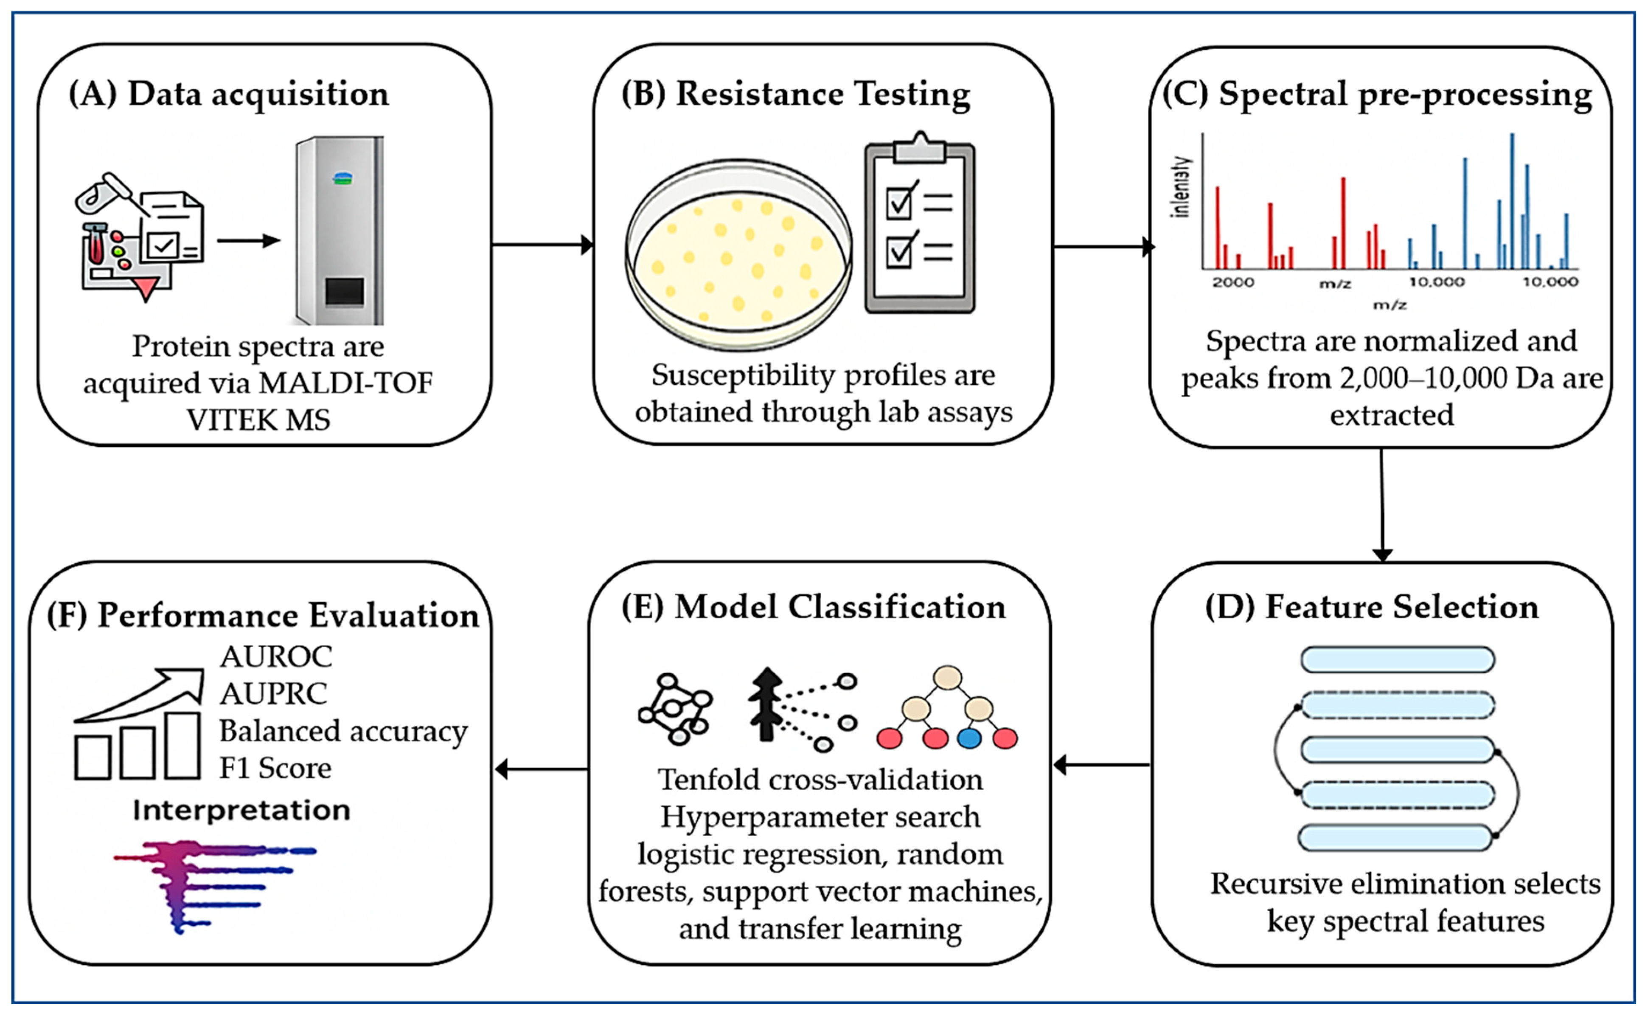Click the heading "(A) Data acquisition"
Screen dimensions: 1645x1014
229,93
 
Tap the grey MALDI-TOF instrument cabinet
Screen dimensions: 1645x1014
340,230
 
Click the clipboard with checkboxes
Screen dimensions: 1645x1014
920,223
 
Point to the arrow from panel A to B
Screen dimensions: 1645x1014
543,245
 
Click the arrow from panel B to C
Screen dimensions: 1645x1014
1103,247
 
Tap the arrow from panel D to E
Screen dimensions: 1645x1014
1101,764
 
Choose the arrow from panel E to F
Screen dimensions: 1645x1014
541,769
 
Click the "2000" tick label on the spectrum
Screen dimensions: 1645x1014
1233,282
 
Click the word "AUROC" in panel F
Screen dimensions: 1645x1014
276,656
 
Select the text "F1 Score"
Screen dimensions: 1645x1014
275,768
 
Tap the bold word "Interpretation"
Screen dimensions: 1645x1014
241,810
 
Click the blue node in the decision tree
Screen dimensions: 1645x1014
969,738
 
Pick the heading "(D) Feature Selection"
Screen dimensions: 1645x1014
1372,607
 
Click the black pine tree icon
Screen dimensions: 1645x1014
766,704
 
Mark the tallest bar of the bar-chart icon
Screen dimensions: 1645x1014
183,745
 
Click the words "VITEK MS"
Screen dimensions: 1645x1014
259,420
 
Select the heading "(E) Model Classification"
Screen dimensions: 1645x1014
813,607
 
